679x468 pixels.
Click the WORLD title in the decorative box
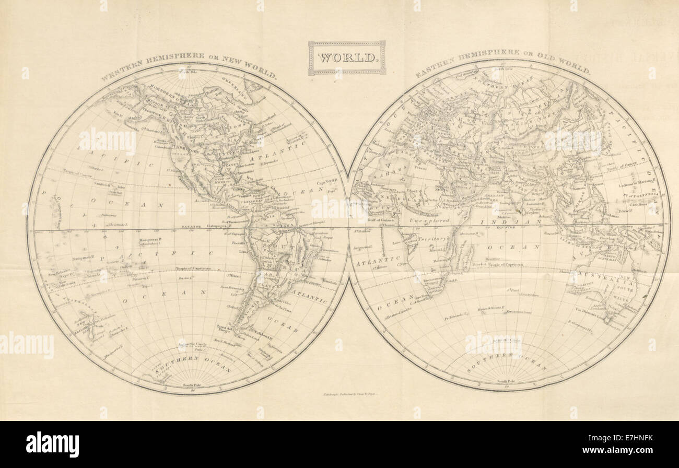pyautogui.click(x=347, y=57)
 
